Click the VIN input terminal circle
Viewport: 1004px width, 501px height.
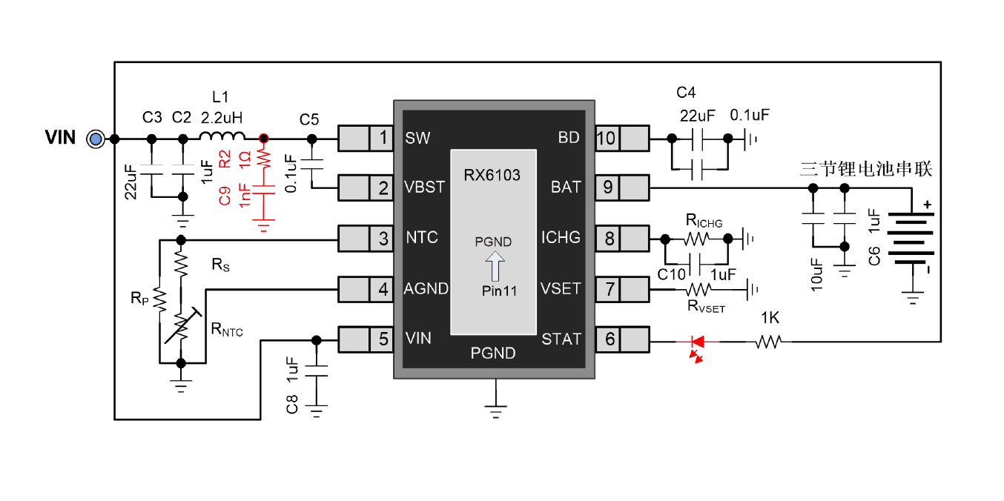point(94,139)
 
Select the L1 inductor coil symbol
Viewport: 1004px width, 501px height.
point(222,136)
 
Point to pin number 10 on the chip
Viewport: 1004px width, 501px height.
point(607,138)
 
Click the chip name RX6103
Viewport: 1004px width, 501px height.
point(492,176)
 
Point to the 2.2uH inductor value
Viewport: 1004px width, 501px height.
point(222,116)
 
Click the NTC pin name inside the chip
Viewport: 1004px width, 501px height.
point(422,238)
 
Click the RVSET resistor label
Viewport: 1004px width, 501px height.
point(706,307)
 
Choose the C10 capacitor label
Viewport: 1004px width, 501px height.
point(672,275)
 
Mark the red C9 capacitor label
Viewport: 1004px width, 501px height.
point(225,196)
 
